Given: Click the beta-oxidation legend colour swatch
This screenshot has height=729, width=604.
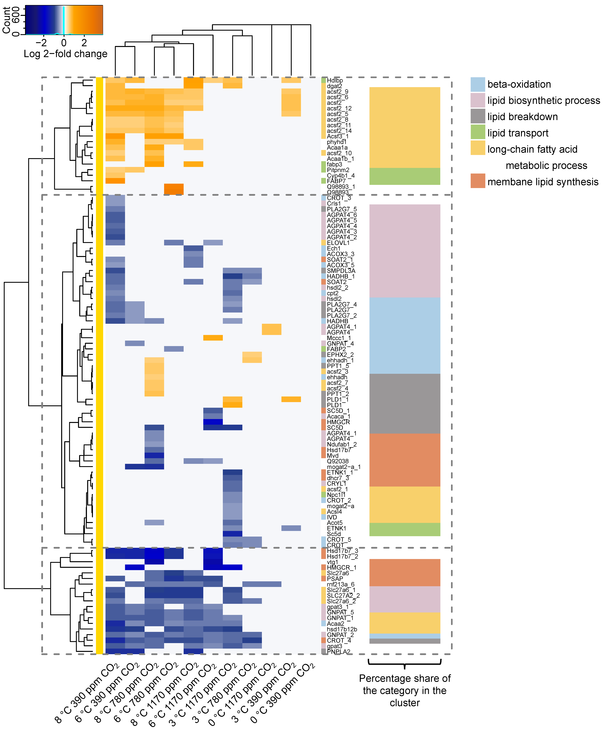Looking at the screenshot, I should coord(478,84).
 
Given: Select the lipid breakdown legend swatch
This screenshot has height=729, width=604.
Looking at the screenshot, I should coord(478,116).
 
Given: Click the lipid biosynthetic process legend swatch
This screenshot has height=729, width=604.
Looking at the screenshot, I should coord(478,100).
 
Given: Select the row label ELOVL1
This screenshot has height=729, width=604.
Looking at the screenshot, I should coord(338,243).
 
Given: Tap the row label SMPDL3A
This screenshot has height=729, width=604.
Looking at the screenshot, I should coord(341,271).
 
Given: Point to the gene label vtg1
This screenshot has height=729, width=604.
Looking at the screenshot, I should coord(332,562).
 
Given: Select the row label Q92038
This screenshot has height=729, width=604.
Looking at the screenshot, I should coord(338,461).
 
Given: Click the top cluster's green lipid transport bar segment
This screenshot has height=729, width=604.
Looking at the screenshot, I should coord(405,176).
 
